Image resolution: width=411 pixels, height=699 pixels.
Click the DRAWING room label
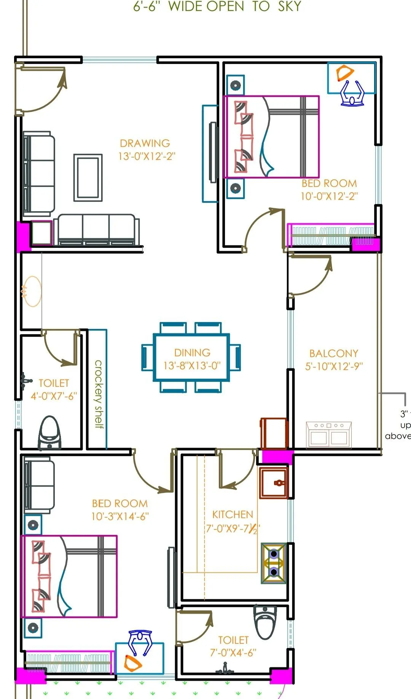point(145,144)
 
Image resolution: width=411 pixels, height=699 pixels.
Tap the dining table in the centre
point(191,357)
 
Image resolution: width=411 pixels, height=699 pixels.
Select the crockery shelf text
point(99,394)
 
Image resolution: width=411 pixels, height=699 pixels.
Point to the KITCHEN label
point(233,515)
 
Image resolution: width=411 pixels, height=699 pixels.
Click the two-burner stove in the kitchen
point(274,563)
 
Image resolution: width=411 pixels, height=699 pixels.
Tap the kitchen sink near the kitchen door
point(274,483)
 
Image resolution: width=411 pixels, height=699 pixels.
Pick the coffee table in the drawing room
point(88,177)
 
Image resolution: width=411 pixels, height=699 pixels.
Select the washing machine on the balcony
point(329,434)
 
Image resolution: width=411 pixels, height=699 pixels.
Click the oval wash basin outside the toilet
point(32,291)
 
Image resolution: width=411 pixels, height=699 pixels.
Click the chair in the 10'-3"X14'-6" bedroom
point(140,643)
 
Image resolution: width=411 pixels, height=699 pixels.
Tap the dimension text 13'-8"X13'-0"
point(192,366)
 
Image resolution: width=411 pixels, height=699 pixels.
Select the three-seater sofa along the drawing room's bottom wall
point(96,230)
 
